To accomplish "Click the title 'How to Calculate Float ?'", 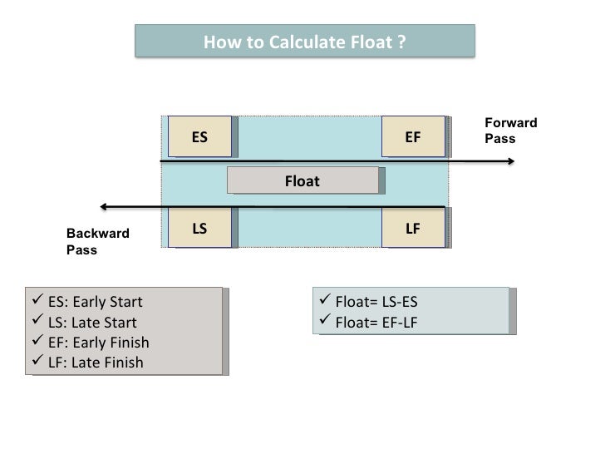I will [x=305, y=40].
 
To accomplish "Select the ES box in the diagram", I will [x=199, y=136].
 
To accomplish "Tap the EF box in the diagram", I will [x=413, y=136].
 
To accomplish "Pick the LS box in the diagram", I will [x=199, y=226].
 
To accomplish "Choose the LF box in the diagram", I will [x=413, y=226].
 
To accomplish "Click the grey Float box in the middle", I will [x=302, y=180].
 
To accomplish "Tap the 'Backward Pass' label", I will [x=98, y=241].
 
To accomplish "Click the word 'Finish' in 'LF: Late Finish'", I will [x=123, y=362].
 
